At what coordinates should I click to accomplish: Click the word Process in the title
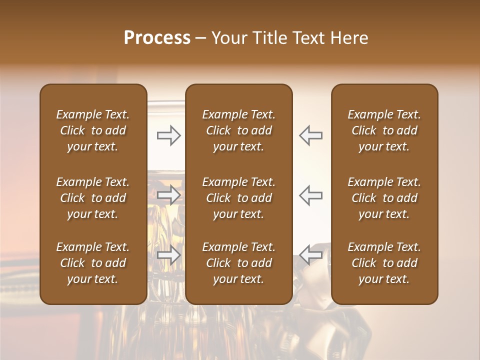157,38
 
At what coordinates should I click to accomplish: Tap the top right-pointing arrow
169,135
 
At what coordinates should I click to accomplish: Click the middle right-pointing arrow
169,195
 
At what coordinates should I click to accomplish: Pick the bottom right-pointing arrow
169,256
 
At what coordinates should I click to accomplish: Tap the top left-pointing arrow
310,135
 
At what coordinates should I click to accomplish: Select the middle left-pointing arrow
310,195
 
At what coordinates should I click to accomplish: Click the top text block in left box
93,130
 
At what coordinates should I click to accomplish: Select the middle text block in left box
93,198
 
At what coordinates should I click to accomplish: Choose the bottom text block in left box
93,263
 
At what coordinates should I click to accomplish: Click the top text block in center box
238,130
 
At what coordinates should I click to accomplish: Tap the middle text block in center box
238,198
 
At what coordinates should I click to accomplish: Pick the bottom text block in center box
238,263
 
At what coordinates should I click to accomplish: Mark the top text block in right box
384,130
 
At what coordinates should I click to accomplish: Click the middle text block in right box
384,198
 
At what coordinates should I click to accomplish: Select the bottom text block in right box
384,263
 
